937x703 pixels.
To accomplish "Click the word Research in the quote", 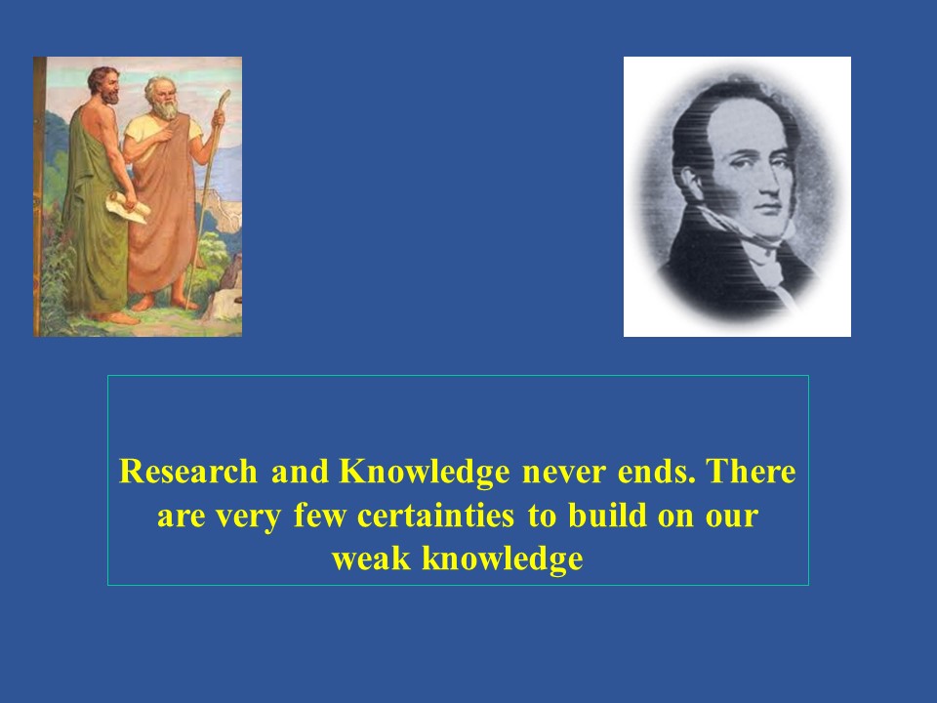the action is [188, 471].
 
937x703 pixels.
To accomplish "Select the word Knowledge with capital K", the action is [425, 473].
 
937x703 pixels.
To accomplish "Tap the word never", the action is [563, 473].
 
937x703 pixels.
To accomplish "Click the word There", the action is [752, 471].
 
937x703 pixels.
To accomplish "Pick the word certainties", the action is [435, 516].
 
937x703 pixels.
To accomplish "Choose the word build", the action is [607, 515].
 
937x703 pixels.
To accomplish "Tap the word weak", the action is [371, 558].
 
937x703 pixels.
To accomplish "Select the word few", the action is [320, 515].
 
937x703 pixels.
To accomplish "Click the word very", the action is [248, 517].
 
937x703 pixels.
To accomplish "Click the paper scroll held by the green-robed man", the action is [127, 206].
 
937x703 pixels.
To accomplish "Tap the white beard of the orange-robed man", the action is [166, 108].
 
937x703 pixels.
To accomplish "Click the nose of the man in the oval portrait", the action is [770, 183].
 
